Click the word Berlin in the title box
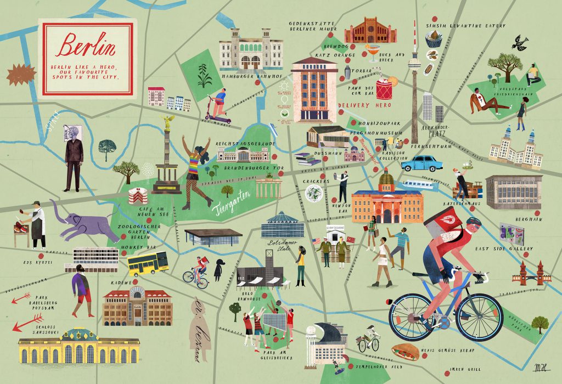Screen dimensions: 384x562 [87, 47]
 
